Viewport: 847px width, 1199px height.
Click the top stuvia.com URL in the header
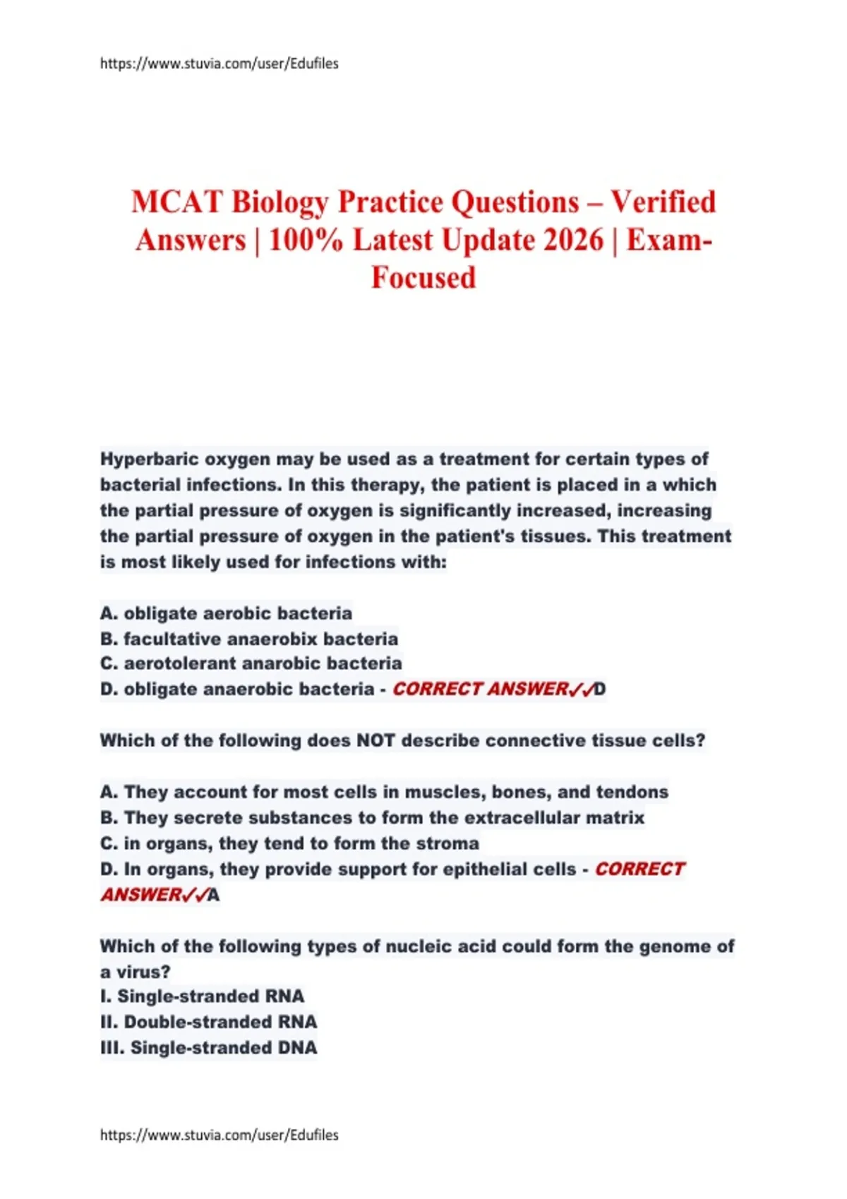click(x=219, y=63)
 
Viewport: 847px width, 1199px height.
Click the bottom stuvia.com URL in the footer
click(x=219, y=1135)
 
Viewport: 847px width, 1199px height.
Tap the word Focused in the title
click(x=423, y=277)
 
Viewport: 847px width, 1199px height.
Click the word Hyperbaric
click(x=150, y=459)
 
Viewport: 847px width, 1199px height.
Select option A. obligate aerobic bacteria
click(x=226, y=613)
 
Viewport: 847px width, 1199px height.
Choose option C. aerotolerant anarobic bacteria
click(x=251, y=664)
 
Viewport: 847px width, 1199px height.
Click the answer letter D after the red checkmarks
click(x=600, y=689)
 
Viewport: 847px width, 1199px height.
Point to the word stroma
click(x=448, y=844)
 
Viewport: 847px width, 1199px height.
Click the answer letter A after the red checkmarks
click(x=213, y=896)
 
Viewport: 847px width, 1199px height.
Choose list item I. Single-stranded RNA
click(x=202, y=997)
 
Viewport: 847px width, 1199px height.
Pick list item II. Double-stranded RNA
click(x=208, y=1022)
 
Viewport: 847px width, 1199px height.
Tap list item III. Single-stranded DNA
click(x=208, y=1048)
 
